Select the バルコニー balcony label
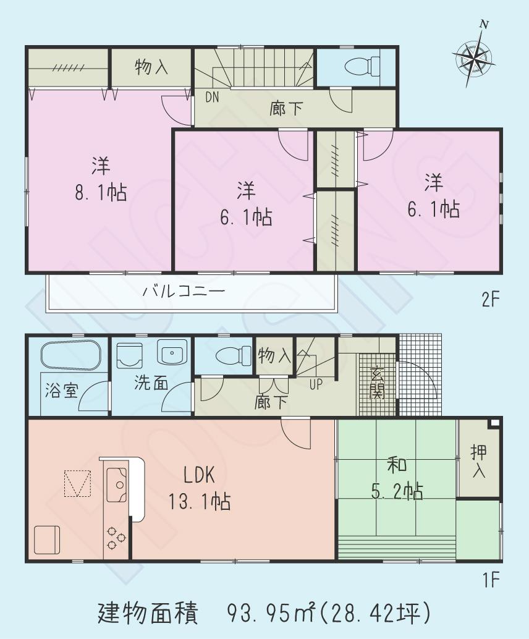coord(184,290)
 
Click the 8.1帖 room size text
coord(101,193)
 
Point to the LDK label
coord(198,475)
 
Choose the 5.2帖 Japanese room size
coord(397,491)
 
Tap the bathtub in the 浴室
coord(70,357)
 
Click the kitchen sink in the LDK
coord(116,483)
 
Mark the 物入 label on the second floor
coord(151,67)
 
